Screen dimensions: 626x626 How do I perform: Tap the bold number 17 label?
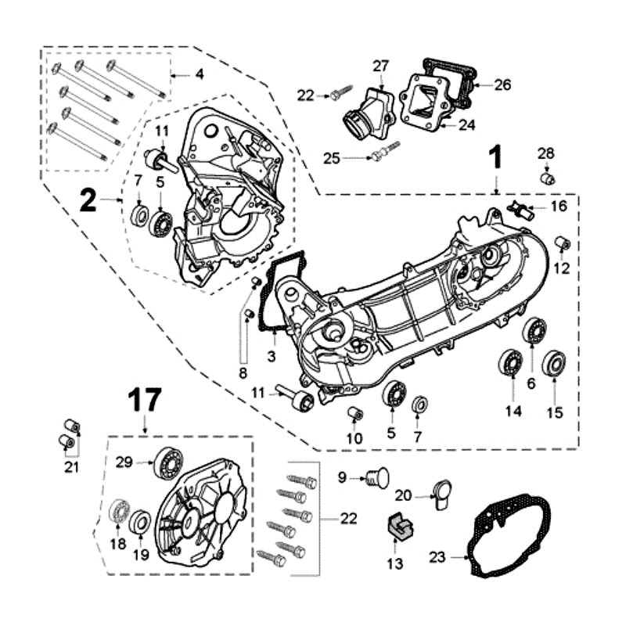pyautogui.click(x=146, y=401)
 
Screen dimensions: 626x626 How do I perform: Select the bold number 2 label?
pyautogui.click(x=87, y=202)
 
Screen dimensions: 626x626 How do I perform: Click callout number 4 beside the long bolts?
pyautogui.click(x=199, y=75)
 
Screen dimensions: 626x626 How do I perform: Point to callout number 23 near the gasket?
pyautogui.click(x=437, y=558)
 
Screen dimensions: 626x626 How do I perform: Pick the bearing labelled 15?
pyautogui.click(x=554, y=364)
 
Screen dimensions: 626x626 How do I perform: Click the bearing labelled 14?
pyautogui.click(x=512, y=364)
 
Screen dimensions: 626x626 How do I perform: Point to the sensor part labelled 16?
pyautogui.click(x=520, y=210)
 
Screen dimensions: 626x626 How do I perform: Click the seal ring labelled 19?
pyautogui.click(x=141, y=521)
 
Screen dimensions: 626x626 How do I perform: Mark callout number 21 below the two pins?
pyautogui.click(x=71, y=468)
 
